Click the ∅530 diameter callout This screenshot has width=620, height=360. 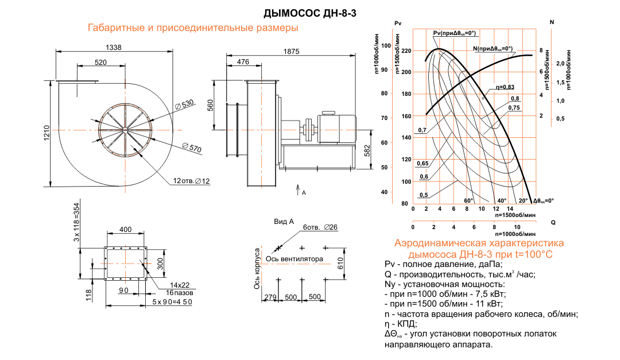(x=185, y=104)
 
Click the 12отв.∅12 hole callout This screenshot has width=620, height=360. (x=192, y=181)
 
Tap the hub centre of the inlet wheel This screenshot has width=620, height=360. (x=124, y=130)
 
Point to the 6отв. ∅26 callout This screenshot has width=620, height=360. (x=320, y=227)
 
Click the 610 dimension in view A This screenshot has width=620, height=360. (x=340, y=263)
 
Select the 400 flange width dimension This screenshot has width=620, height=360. (x=125, y=230)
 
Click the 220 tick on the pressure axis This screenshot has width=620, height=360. (x=406, y=51)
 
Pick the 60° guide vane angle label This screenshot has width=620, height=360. (x=468, y=200)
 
